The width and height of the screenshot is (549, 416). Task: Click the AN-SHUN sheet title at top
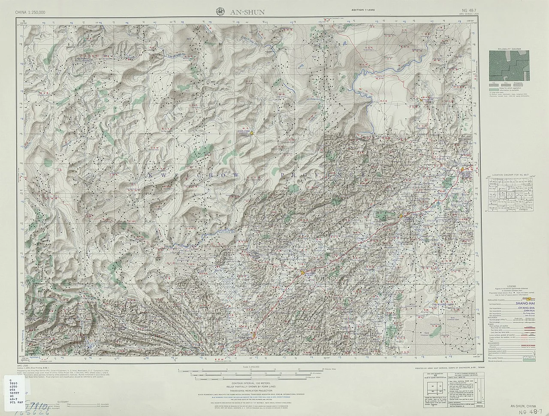[238, 11]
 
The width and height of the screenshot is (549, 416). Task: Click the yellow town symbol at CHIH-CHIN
[252, 133]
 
